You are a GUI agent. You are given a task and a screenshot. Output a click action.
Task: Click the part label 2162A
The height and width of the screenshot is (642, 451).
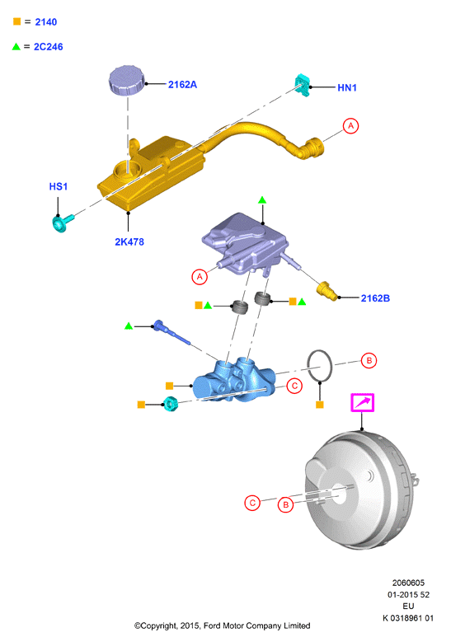182,84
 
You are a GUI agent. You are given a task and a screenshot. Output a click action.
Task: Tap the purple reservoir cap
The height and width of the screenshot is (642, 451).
127,80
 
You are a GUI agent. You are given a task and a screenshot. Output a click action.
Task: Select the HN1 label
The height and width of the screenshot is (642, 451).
347,87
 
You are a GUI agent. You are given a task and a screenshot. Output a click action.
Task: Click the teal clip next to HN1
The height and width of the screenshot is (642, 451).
303,85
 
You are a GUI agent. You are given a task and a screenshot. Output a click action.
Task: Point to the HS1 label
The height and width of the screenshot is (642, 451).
59,186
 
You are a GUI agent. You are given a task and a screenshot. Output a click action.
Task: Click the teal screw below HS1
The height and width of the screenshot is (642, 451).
63,223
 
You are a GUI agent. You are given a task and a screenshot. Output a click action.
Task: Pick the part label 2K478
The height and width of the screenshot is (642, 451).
129,241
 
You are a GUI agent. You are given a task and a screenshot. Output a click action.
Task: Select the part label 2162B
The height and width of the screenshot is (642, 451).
375,298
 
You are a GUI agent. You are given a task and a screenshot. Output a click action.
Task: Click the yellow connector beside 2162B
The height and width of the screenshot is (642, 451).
327,291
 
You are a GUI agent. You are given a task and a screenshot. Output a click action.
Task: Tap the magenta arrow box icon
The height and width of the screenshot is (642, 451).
363,402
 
